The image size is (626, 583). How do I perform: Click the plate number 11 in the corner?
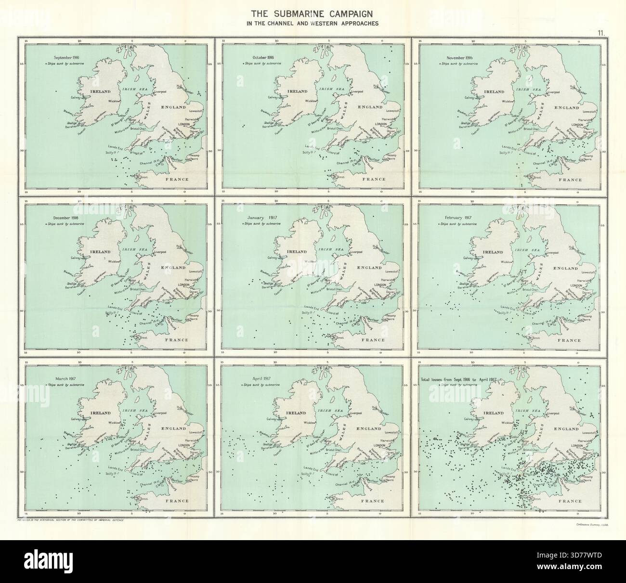(x=601, y=33)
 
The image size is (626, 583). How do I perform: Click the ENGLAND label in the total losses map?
(x=565, y=428)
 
